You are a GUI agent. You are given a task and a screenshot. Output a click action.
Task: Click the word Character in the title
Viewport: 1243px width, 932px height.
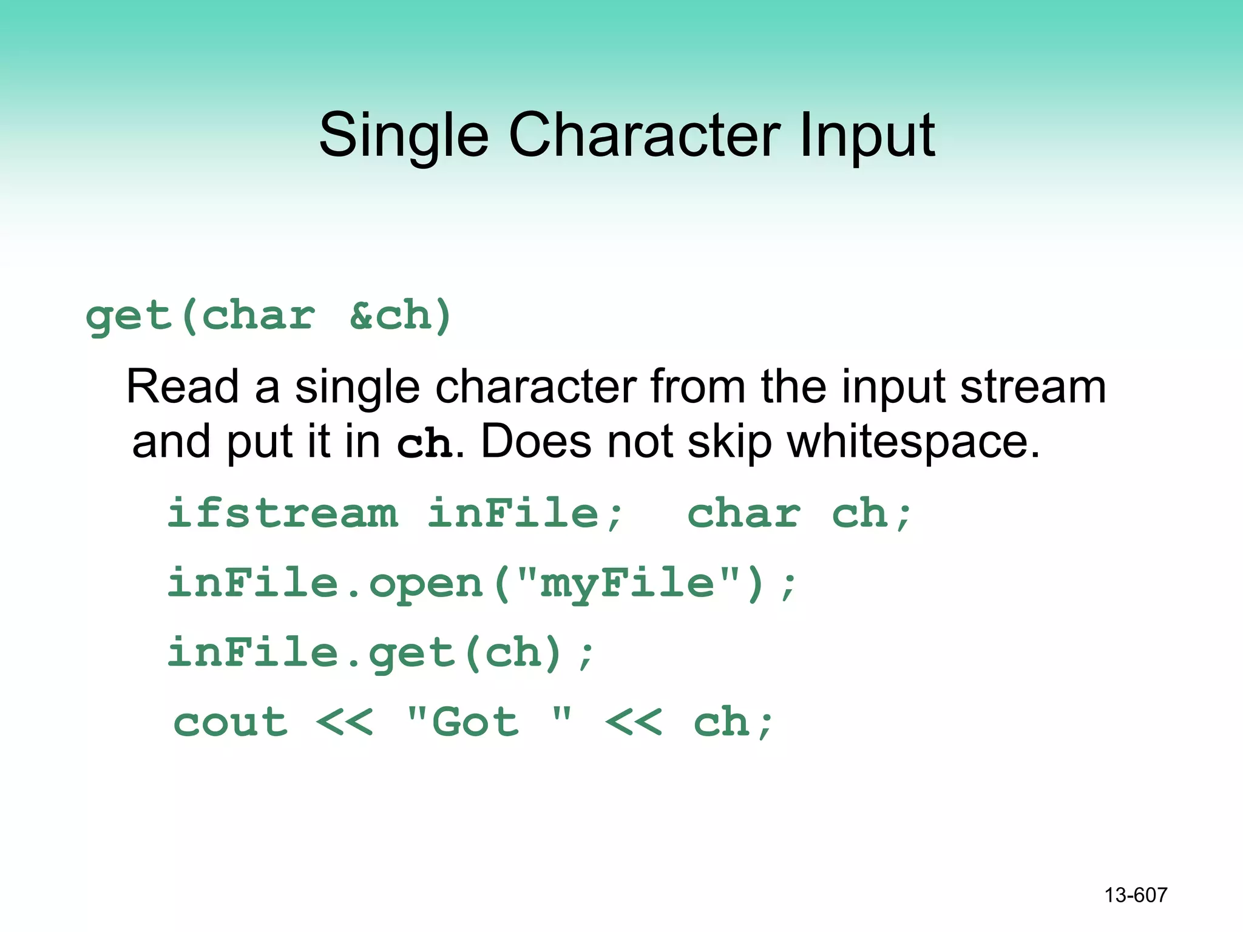(x=645, y=135)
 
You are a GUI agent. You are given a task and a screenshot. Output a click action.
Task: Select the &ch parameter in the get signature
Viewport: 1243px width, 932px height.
(x=401, y=316)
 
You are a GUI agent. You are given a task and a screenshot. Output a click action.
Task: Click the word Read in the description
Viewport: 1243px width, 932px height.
(x=182, y=387)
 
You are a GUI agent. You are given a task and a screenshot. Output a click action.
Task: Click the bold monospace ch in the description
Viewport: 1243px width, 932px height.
(x=424, y=443)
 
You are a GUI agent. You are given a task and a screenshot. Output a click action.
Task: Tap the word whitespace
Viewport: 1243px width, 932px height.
(x=913, y=442)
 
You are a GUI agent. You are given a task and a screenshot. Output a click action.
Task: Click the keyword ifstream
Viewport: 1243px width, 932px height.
(x=283, y=513)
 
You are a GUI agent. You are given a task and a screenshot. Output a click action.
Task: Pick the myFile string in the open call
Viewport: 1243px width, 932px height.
(x=627, y=583)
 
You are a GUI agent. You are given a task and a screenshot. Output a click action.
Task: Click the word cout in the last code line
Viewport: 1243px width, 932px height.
(x=231, y=723)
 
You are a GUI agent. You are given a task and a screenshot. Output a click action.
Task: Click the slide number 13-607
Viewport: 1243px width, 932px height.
(x=1136, y=895)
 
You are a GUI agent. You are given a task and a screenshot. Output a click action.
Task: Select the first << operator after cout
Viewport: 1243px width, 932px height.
(x=345, y=723)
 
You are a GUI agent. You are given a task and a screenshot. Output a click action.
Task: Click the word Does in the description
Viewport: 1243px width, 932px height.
(x=536, y=442)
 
